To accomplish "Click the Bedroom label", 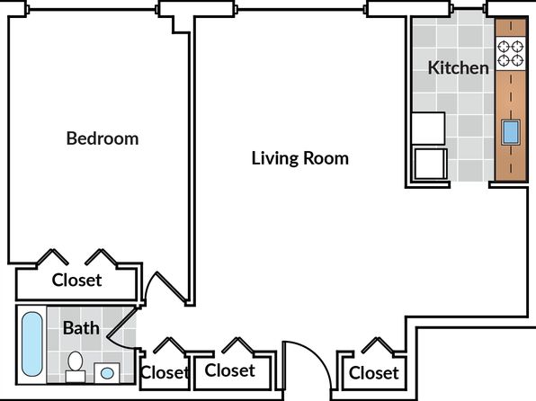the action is coord(103,138).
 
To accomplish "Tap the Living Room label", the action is coord(300,158).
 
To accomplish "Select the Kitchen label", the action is coord(458,67).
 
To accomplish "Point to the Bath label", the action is coord(81,328).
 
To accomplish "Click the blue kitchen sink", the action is coord(511,132).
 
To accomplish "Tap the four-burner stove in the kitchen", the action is coord(510,54).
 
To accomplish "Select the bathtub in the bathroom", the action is coord(32,344).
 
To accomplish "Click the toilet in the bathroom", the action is coord(76,366).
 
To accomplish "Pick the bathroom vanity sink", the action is coord(107,373).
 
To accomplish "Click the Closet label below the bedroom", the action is coord(76,280).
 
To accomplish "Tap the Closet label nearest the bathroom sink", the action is coord(165,372).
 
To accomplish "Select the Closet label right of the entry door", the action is coord(373,372).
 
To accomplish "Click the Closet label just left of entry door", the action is coord(229,370).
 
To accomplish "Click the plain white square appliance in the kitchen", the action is coord(428,129).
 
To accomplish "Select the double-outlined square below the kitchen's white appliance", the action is coord(430,164).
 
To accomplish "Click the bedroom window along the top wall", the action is coord(93,10).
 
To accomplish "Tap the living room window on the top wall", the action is coord(301,10).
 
